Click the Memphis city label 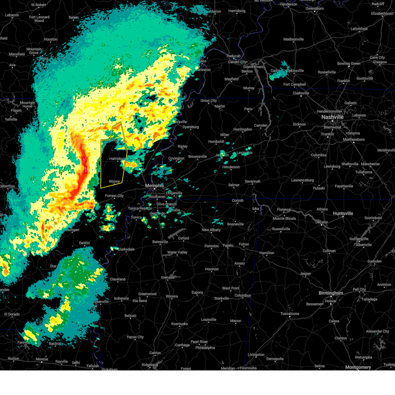(154, 186)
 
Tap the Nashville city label (332, 117)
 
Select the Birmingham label (331, 293)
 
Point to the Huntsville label (343, 213)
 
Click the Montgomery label (358, 367)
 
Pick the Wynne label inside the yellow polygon (114, 181)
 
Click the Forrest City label (114, 196)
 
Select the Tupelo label (228, 245)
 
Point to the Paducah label (233, 56)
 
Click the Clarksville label (301, 93)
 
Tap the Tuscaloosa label (290, 314)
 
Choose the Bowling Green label (349, 64)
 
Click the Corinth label (238, 200)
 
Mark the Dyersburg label (191, 127)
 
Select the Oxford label (184, 238)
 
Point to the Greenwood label (147, 294)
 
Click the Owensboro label (314, 9)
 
